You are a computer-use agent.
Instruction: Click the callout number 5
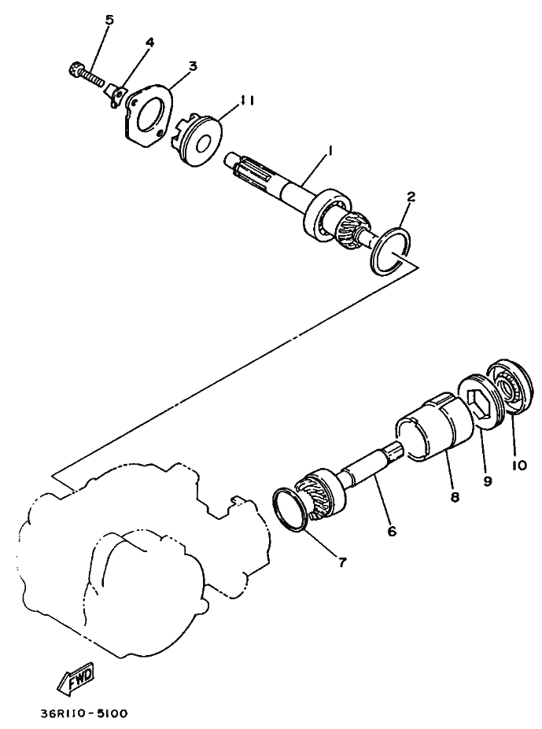point(109,20)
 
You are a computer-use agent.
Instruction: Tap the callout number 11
point(249,100)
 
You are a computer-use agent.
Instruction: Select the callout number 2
point(411,197)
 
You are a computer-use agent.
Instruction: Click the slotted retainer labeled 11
point(197,140)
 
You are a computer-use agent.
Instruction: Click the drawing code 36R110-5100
point(83,714)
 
